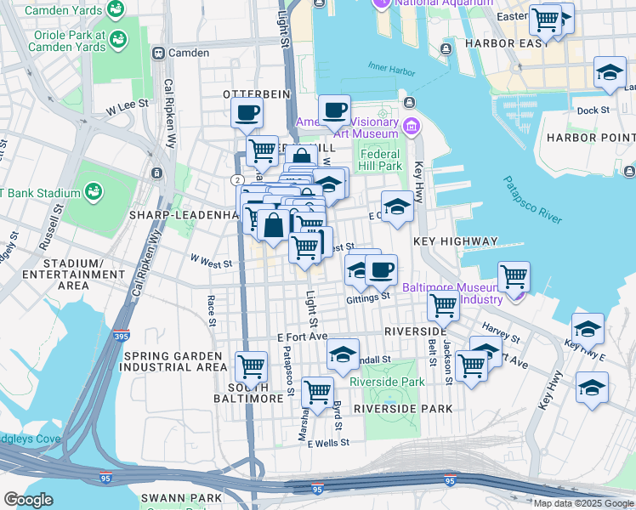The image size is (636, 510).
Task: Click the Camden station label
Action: [x=188, y=53]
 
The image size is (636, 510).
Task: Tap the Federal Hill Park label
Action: [x=380, y=160]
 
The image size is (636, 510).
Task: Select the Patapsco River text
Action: [x=532, y=200]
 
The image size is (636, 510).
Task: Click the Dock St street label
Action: [x=593, y=110]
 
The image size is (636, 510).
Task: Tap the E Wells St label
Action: [x=328, y=444]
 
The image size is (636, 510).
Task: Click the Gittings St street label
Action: [x=368, y=297]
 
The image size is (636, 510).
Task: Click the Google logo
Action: [x=28, y=500]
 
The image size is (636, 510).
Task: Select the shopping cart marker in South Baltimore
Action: [x=251, y=366]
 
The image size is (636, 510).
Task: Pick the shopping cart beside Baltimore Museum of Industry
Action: [x=514, y=275]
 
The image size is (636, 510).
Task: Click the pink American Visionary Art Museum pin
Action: [x=412, y=127]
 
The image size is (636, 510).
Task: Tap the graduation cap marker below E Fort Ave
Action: [x=343, y=354]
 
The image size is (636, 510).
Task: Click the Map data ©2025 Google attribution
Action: [x=582, y=503]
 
